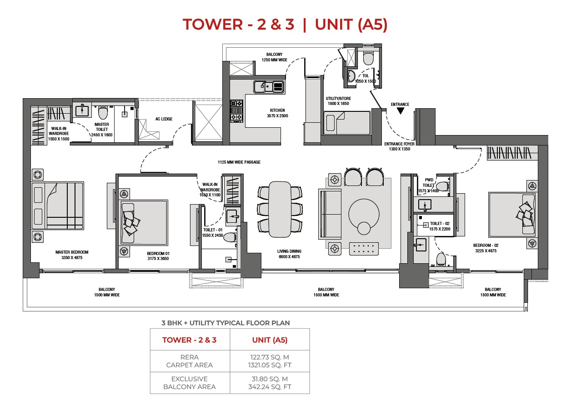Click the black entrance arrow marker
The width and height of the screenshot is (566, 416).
pos(400,110)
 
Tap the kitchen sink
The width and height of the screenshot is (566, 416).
pos(269,87)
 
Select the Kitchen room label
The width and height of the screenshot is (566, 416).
pos(277,113)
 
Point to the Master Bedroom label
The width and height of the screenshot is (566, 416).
pos(72,255)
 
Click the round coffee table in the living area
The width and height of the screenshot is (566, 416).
pos(364,214)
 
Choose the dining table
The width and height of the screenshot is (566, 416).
pos(280,210)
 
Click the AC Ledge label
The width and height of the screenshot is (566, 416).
pos(164,119)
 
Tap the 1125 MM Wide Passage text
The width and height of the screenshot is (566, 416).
pos(239,162)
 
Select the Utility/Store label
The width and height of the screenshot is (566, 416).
pos(338,101)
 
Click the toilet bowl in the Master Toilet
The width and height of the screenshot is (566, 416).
pos(103,112)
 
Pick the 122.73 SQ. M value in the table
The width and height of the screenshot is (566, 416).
pos(270,357)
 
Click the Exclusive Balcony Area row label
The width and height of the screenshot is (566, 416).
pos(190,383)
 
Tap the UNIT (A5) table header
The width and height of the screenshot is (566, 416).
pos(270,340)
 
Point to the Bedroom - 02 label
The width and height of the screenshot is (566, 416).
pos(486,248)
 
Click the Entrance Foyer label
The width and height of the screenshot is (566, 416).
pos(399,146)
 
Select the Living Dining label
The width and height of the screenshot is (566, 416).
pos(289,254)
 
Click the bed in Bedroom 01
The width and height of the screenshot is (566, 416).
pos(144,222)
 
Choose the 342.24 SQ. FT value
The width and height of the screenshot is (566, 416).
pos(270,387)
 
